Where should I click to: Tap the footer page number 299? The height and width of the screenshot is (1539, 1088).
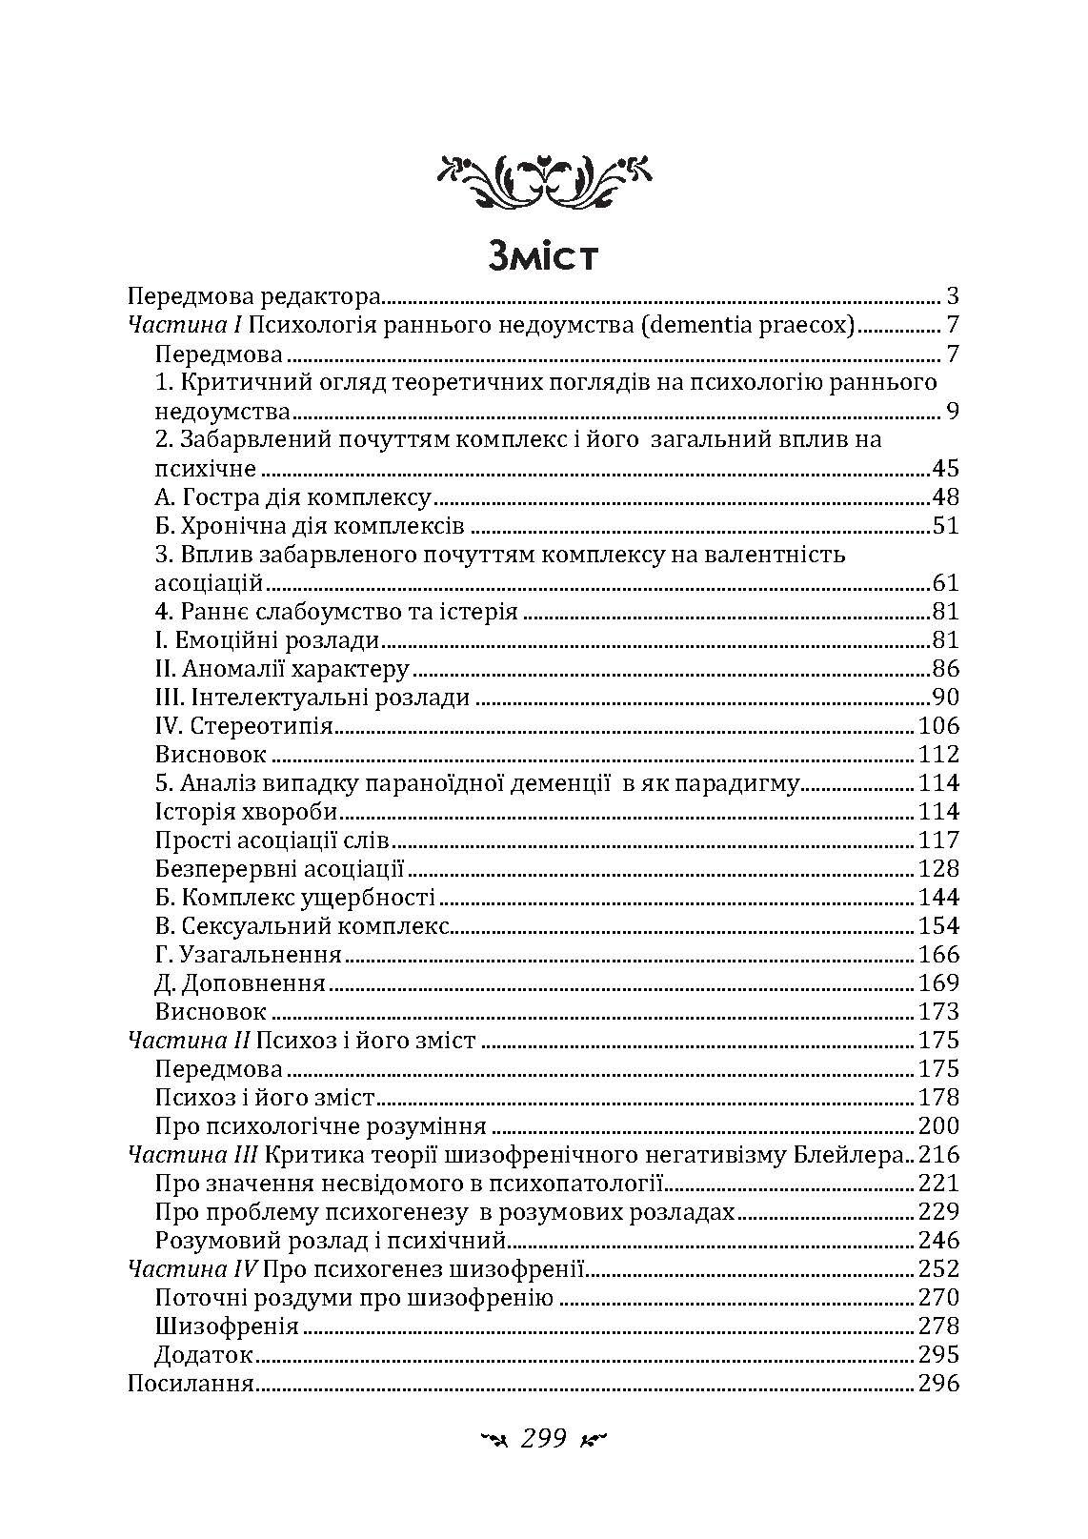click(x=543, y=1438)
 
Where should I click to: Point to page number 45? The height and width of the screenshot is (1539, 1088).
click(x=943, y=469)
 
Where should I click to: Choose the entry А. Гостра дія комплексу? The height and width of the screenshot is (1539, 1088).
click(x=292, y=497)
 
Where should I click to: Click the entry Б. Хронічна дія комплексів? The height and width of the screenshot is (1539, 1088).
click(x=309, y=526)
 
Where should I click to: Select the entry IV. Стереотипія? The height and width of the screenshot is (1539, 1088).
click(x=243, y=726)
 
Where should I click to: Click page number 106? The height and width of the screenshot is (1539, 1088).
click(x=937, y=726)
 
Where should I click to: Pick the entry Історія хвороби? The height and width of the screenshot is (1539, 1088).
click(x=246, y=812)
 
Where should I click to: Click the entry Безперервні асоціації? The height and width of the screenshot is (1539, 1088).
click(x=280, y=869)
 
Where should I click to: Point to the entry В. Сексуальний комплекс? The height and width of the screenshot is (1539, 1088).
click(x=301, y=926)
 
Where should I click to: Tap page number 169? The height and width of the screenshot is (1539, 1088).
click(x=937, y=983)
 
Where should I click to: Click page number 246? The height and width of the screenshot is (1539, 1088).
click(x=937, y=1241)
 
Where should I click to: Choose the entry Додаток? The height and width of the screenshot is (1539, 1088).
click(x=203, y=1355)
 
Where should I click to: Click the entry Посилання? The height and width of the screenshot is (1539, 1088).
click(x=190, y=1384)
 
